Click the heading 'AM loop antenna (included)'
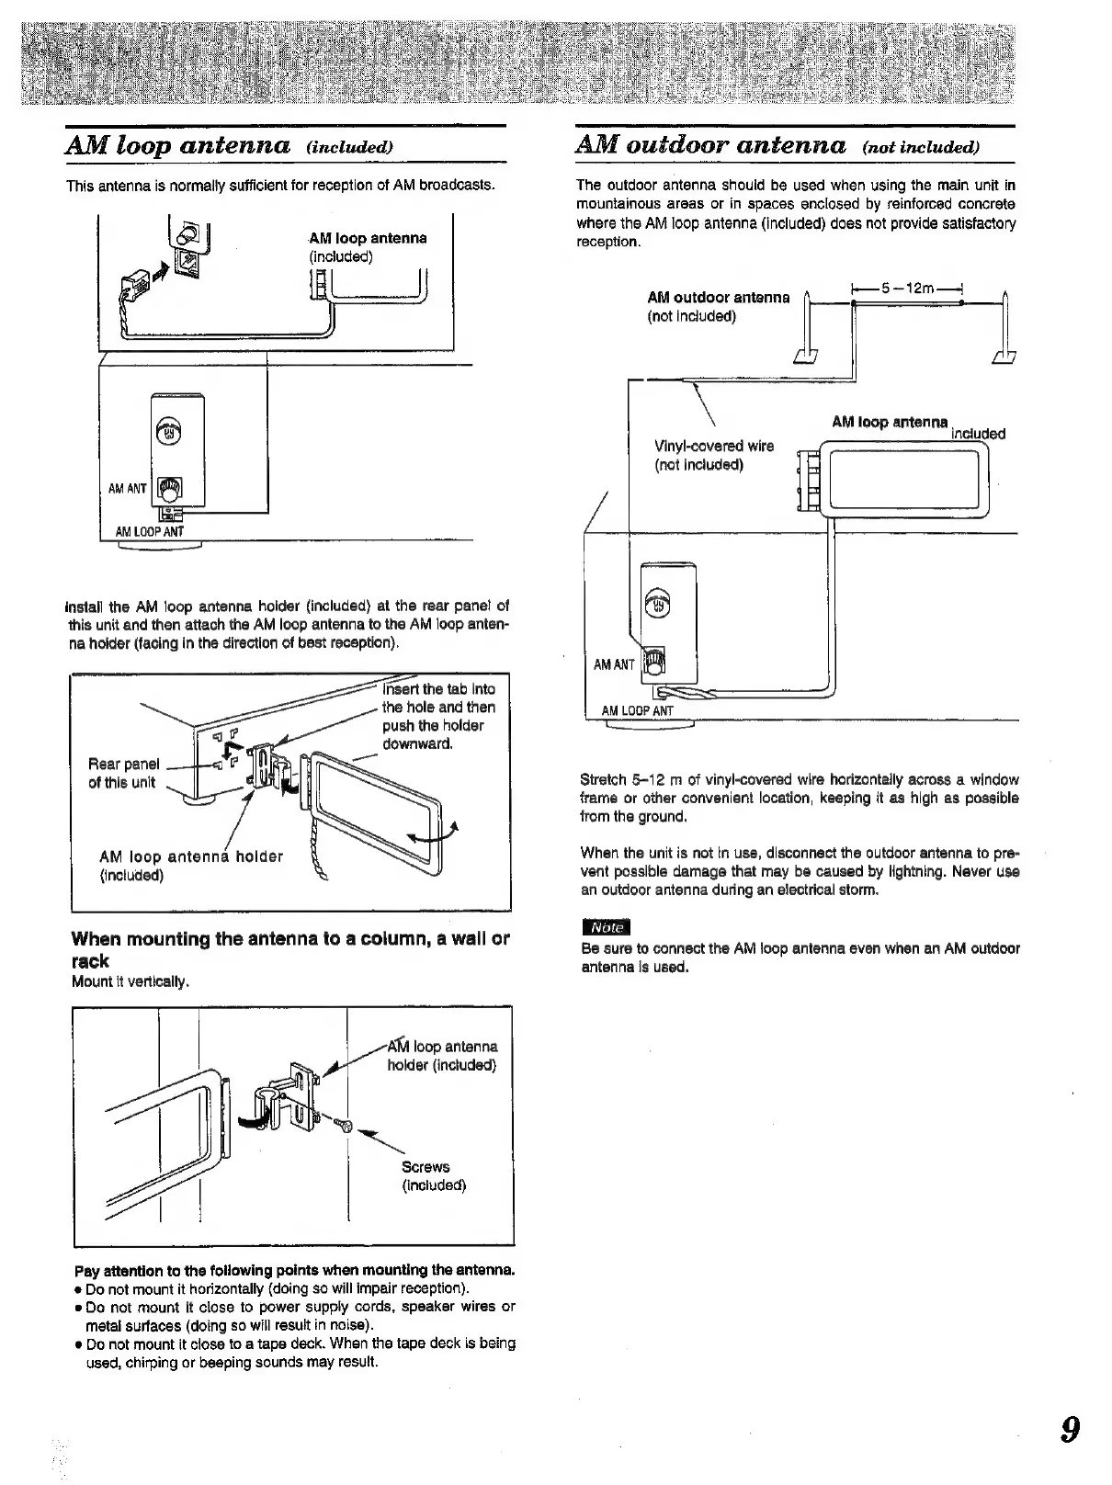231,145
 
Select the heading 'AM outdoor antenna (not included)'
777,145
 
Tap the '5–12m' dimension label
907,289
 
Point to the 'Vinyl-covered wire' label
714,447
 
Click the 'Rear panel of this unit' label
123,773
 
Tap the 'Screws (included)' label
433,1175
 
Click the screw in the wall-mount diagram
344,1127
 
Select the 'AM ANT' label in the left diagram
128,489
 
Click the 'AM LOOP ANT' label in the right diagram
637,710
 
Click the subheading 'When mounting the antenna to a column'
290,949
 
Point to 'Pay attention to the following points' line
294,1271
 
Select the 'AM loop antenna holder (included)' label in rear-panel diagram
190,866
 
